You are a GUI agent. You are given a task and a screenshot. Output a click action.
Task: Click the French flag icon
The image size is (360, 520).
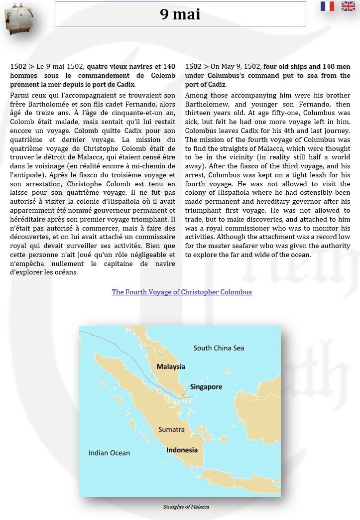[327, 6]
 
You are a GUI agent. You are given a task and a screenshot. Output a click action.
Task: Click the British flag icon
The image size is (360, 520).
[348, 6]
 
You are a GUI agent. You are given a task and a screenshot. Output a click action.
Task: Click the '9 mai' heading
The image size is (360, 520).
[180, 14]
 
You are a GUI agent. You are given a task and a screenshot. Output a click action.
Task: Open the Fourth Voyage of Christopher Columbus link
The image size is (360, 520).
[182, 292]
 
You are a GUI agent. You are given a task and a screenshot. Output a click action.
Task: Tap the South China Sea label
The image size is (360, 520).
[219, 348]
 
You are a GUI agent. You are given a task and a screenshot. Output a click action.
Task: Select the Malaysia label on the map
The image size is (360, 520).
[171, 367]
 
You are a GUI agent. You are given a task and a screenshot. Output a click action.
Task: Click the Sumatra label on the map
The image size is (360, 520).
[171, 429]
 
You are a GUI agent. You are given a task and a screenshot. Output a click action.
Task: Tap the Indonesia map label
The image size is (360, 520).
[182, 450]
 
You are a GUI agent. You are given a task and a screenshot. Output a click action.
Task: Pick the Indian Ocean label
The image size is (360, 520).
[109, 453]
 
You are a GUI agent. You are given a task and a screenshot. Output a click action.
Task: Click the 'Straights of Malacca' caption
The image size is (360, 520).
[186, 507]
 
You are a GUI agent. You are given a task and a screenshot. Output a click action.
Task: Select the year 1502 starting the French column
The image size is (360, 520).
[18, 67]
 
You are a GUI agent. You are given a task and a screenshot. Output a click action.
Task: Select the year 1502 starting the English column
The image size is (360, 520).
[193, 67]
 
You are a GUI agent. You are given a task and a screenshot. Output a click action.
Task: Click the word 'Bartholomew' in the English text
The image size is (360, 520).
[205, 105]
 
